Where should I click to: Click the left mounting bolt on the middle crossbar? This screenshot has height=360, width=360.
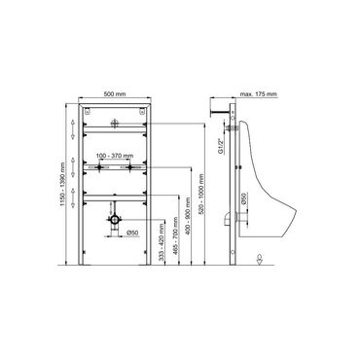pyautogui.click(x=98, y=168)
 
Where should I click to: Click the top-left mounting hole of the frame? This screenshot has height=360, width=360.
pyautogui.click(x=86, y=114)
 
